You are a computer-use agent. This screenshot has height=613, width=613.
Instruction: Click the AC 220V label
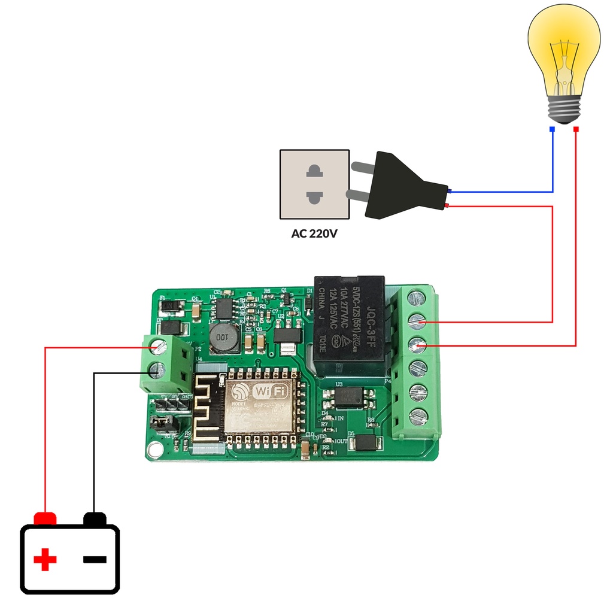314,233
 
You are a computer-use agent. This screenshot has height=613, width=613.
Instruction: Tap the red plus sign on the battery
45,560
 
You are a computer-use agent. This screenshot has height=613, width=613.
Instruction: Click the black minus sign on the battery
95,560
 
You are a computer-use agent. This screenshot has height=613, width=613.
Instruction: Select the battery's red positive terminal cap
45,518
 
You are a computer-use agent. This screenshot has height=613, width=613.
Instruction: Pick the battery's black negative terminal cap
95,518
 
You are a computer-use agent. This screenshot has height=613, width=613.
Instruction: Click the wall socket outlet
314,184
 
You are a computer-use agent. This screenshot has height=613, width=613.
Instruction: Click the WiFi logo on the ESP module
271,392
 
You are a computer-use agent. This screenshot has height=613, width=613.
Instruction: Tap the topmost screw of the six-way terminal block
417,298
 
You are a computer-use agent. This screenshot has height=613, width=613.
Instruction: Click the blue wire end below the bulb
552,129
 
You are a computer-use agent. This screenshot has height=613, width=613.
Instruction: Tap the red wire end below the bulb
576,129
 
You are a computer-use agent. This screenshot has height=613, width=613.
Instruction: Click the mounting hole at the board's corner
156,448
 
